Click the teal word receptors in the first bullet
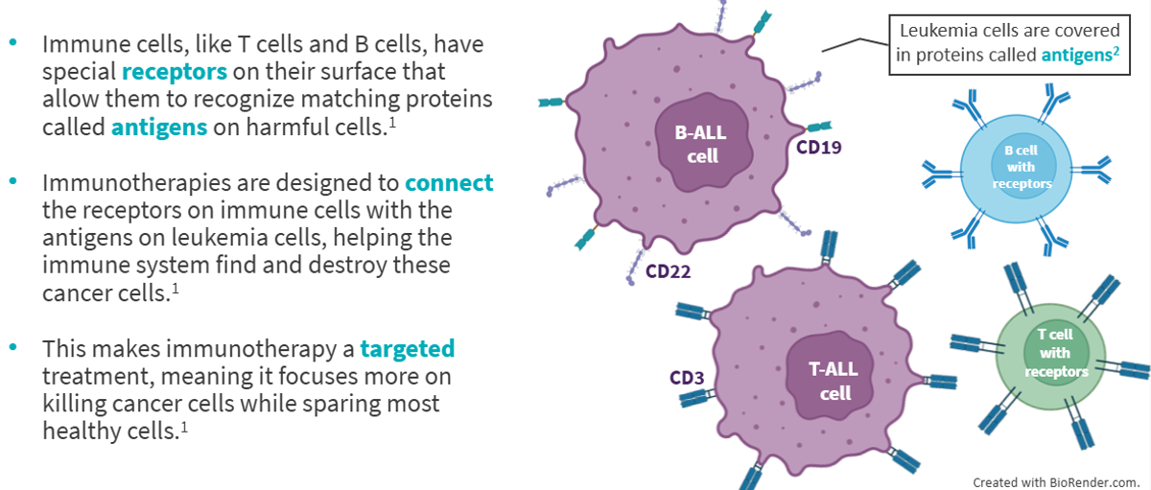pos(174,72)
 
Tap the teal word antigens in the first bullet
pos(159,127)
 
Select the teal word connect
pos(449,182)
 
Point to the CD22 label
pos(668,271)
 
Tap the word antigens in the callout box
pos(1076,56)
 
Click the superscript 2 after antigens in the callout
pos(1116,51)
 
